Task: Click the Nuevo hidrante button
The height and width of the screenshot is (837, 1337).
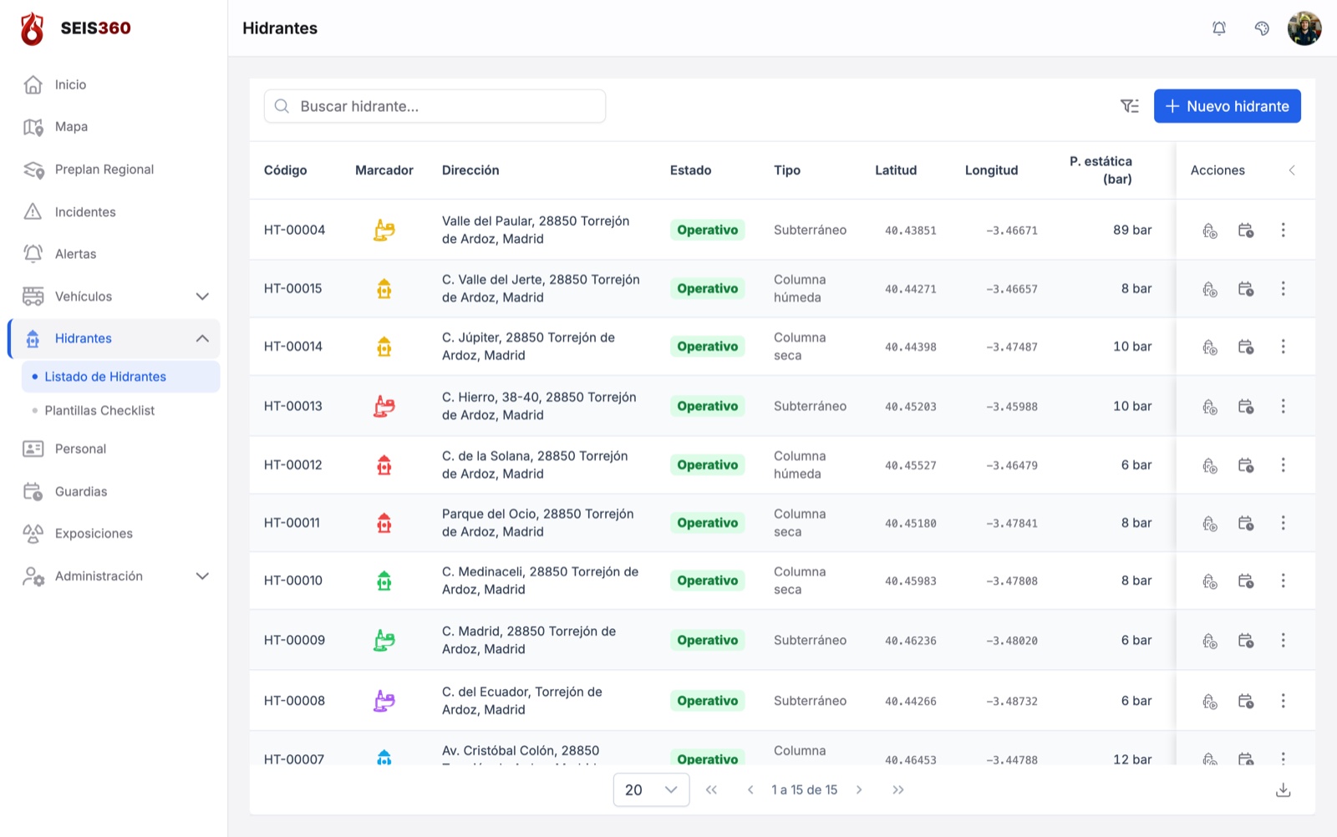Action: [1227, 106]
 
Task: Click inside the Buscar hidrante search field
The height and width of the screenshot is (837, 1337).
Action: [435, 106]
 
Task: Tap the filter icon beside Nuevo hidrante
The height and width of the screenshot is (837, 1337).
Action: [1129, 106]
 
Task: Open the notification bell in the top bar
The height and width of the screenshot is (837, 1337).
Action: [1219, 28]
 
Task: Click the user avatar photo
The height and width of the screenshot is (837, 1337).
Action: [1304, 28]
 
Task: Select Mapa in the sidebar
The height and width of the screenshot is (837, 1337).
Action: [71, 126]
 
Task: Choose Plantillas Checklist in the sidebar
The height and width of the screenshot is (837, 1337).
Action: [99, 410]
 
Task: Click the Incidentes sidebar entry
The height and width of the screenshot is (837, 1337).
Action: [84, 212]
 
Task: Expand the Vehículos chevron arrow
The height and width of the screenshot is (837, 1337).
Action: [202, 297]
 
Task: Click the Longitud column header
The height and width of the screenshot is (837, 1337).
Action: [991, 170]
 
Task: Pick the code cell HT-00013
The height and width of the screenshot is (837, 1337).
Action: [292, 406]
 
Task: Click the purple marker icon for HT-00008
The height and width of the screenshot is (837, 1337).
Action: [384, 700]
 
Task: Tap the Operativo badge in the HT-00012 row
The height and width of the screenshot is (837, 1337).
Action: [707, 464]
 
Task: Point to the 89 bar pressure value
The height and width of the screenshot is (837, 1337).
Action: [1131, 230]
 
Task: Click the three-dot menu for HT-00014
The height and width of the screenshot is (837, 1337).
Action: [1283, 347]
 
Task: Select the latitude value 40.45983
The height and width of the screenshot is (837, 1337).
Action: [910, 581]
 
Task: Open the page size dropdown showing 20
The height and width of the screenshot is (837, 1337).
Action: [651, 790]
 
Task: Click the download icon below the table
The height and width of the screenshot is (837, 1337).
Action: [1283, 790]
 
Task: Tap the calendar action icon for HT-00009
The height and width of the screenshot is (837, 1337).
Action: [1245, 640]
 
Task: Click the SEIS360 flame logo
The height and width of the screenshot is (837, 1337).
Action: [33, 28]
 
